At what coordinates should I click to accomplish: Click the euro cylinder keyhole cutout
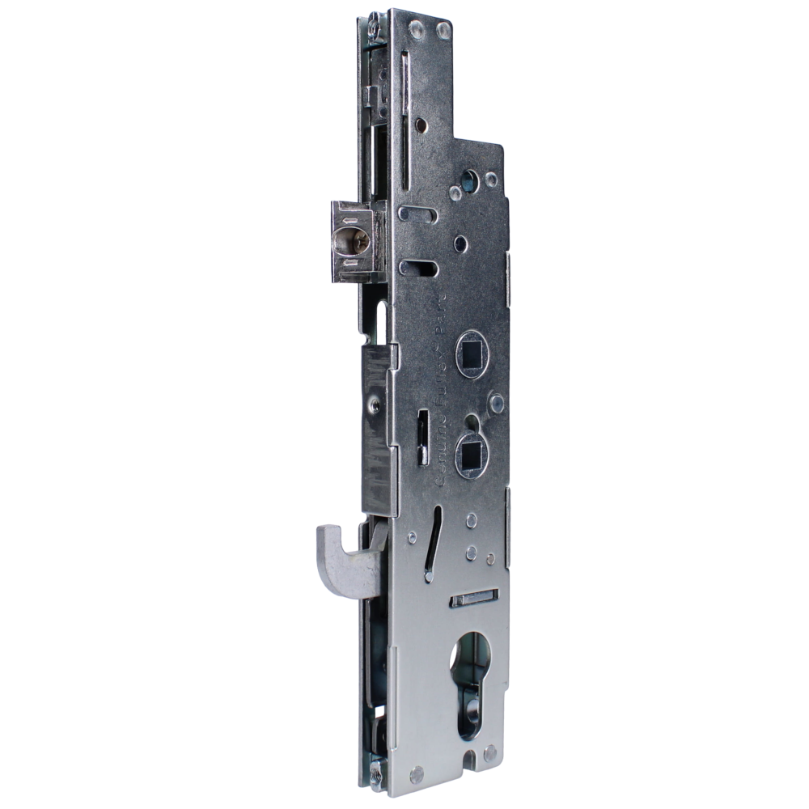pyautogui.click(x=468, y=663)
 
